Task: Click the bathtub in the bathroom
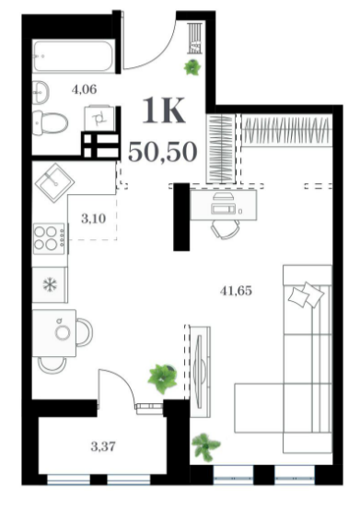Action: coord(74,56)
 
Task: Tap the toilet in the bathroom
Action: coord(51,122)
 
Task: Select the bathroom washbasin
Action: coord(41,92)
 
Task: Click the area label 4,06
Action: coord(85,88)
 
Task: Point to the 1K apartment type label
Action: coord(164,110)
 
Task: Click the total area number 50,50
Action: coord(163,152)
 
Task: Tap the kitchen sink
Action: coord(54,183)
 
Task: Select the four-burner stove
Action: coord(50,238)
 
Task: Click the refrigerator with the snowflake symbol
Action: coord(50,284)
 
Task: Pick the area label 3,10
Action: coord(93,219)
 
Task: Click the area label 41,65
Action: coord(236,291)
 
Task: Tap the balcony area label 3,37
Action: coord(103,446)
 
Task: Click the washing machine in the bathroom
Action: coord(99,118)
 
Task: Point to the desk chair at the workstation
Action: coord(226,229)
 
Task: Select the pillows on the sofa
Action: coord(307,294)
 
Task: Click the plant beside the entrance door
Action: coord(192,67)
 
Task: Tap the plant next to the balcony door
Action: coord(163,378)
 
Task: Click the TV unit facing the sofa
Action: coord(200,372)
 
